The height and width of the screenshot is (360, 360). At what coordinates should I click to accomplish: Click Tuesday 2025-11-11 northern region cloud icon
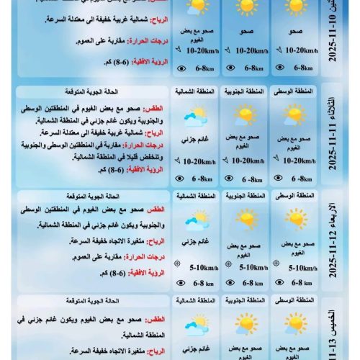[x=195, y=117]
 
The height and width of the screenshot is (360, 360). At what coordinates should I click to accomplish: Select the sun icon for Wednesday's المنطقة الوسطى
[x=294, y=219]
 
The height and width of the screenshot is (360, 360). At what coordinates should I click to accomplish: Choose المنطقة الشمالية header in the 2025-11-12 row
[x=195, y=196]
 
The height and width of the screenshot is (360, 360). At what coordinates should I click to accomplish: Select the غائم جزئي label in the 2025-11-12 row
[x=194, y=241]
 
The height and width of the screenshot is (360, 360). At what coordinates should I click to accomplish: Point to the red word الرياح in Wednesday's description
[x=155, y=240]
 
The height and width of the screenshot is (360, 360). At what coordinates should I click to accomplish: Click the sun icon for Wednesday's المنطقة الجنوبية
[x=246, y=219]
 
